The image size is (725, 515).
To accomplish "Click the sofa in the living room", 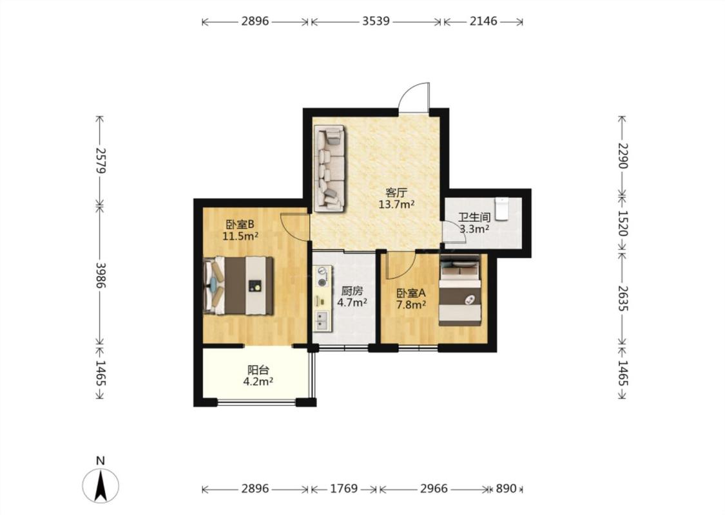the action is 330,169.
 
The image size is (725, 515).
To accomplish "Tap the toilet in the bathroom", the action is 501,209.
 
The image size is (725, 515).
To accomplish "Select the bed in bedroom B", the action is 238,285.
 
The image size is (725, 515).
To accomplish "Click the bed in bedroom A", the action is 460,290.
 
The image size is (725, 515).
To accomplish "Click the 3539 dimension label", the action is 376,21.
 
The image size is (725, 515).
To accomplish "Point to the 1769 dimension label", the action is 344,489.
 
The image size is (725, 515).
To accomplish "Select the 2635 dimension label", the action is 623,298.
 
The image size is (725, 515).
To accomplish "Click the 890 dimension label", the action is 506,489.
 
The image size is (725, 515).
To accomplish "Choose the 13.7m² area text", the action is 396,204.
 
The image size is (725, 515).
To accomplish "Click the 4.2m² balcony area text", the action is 258,382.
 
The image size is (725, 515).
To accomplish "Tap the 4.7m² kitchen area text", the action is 353,303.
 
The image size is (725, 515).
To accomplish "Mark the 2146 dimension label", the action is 483,21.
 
